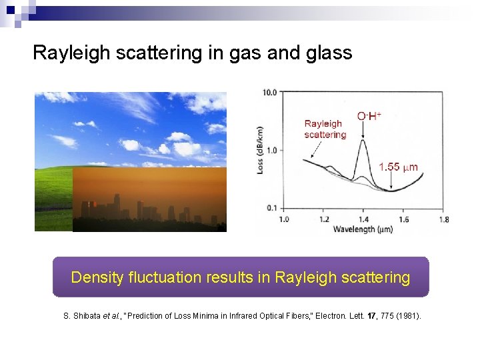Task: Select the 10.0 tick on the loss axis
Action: coord(269,92)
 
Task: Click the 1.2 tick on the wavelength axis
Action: coord(324,219)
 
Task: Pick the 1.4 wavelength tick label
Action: coord(363,219)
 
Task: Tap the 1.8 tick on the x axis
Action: coord(443,219)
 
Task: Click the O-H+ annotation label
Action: coord(369,116)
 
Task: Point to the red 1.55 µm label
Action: coord(398,167)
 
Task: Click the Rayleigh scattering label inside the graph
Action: coord(325,129)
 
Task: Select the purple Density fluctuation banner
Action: coord(241,277)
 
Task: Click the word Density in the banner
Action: coord(97,277)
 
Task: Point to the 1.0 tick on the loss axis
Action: coord(271,150)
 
